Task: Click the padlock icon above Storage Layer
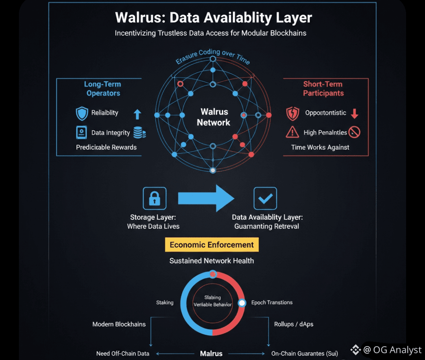point(155,198)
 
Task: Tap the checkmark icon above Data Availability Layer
point(265,198)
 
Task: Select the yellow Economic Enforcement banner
point(212,245)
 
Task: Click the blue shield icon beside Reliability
point(82,113)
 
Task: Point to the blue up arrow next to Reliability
point(137,114)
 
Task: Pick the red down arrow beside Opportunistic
point(355,114)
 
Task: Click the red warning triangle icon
point(292,132)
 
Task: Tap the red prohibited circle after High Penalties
point(354,132)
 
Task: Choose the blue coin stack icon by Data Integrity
point(140,132)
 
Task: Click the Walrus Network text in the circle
point(214,117)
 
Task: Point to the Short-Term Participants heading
point(323,89)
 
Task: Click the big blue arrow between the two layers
point(206,198)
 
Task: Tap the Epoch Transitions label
point(272,302)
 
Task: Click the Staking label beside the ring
point(165,302)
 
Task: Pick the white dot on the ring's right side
point(242,303)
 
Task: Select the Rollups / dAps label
point(294,324)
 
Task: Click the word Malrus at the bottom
point(211,353)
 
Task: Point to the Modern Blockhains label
point(119,324)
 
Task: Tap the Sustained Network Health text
point(212,261)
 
